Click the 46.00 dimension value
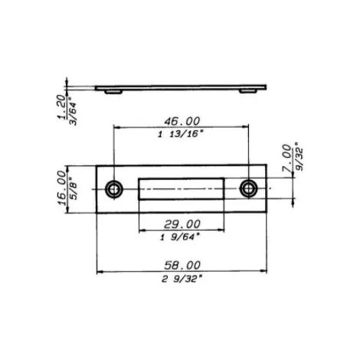pyautogui.click(x=182, y=121)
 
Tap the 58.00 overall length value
pyautogui.click(x=182, y=266)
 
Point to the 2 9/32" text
pyautogui.click(x=182, y=279)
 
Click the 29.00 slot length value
pyautogui.click(x=182, y=224)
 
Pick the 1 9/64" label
pyautogui.click(x=179, y=237)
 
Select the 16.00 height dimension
pyautogui.click(x=61, y=188)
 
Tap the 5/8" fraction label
pyautogui.click(x=74, y=188)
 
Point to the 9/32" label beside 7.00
pyautogui.click(x=299, y=159)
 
